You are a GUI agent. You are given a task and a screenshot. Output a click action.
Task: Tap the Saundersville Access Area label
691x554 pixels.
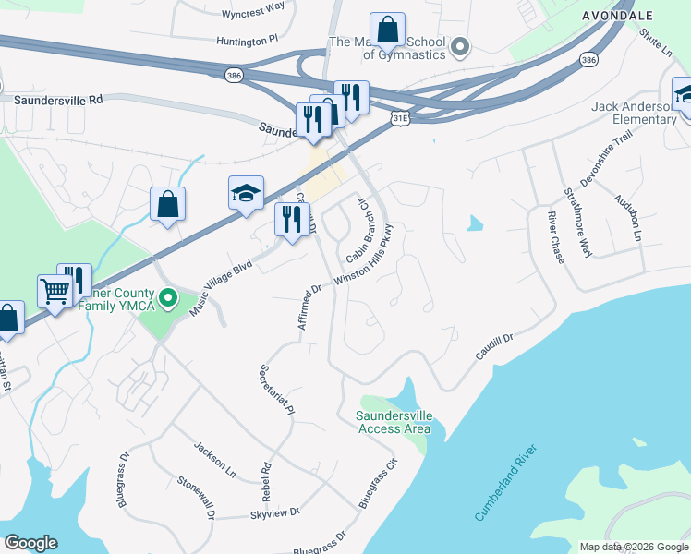click(x=394, y=422)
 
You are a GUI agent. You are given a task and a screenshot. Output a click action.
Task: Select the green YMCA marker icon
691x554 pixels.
click(x=167, y=297)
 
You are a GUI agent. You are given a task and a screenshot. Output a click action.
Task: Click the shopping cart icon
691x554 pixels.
click(x=55, y=292)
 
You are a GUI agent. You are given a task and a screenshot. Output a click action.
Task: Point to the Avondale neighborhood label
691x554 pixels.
click(x=618, y=16)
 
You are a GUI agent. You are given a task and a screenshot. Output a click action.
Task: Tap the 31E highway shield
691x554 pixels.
click(x=399, y=118)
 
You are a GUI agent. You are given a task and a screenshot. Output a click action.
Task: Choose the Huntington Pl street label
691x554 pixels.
click(x=249, y=41)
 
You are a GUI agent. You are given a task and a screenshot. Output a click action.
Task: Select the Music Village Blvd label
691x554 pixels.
click(x=221, y=288)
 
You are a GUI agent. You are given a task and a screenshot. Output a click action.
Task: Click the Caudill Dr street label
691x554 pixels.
click(x=495, y=348)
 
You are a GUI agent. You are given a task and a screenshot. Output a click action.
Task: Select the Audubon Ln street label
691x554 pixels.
click(x=625, y=218)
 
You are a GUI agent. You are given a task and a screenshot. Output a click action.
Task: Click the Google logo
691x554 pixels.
click(x=30, y=543)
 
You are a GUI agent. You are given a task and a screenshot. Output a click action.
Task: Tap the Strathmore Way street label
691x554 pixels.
click(x=577, y=221)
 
